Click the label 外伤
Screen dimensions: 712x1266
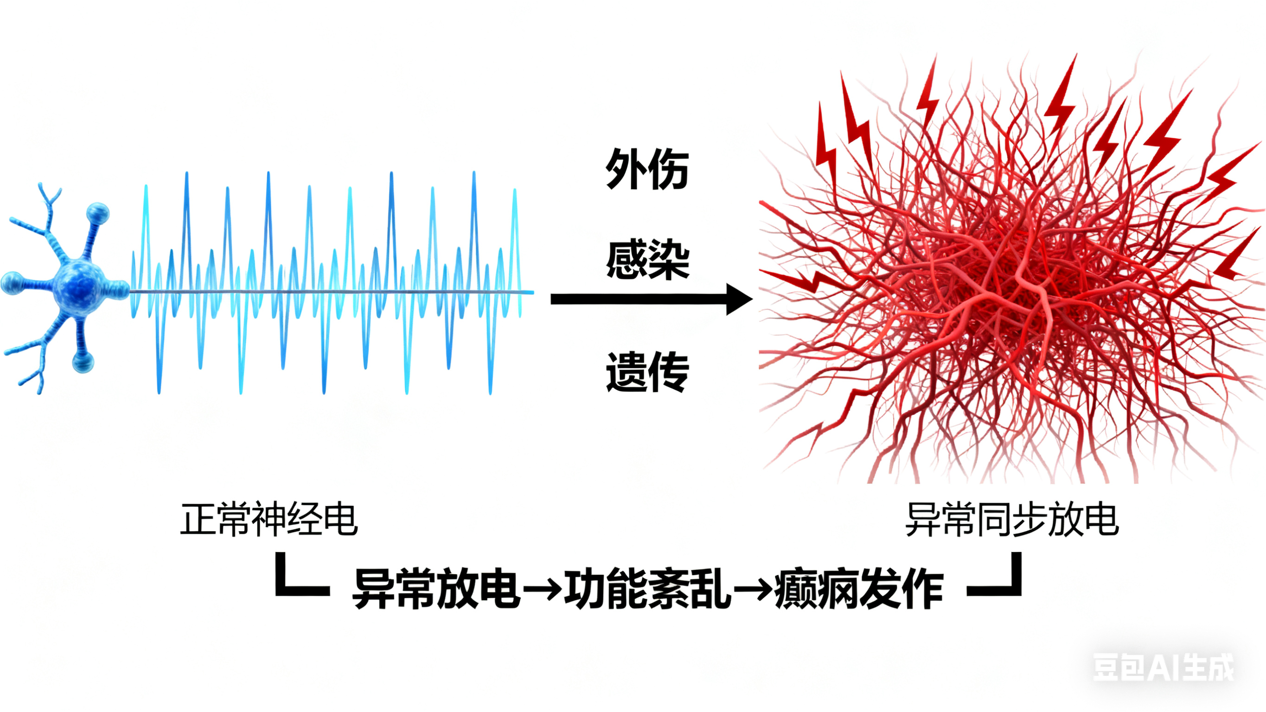(x=647, y=169)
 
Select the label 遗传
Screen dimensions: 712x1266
(x=647, y=372)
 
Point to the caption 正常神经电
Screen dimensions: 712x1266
(x=269, y=519)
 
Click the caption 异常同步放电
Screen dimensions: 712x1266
(x=1012, y=519)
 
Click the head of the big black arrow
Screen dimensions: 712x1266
(x=738, y=299)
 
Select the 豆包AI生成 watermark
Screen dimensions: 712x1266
(x=1163, y=667)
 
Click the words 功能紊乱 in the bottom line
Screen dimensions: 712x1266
(x=647, y=589)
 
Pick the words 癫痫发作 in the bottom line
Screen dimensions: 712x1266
(x=858, y=589)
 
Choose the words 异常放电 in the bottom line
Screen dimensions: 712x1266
(x=436, y=589)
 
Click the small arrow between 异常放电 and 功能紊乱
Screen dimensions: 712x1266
(x=542, y=589)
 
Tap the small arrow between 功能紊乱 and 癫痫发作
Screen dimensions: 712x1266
(x=753, y=589)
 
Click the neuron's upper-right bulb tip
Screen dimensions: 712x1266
(x=98, y=213)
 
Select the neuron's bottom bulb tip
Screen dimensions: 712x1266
(x=83, y=363)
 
